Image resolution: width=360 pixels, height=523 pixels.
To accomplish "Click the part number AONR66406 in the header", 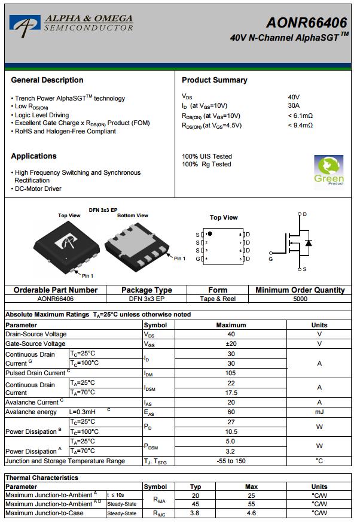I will [x=306, y=23].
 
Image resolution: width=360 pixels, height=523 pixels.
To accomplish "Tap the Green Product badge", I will [x=329, y=171].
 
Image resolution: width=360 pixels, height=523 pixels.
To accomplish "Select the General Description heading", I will [x=47, y=80].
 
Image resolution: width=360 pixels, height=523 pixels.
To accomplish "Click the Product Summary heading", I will [x=214, y=80].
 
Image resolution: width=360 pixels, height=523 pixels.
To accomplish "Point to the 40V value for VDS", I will [x=294, y=96].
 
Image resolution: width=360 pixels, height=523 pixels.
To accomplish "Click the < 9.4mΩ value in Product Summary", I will [x=300, y=125].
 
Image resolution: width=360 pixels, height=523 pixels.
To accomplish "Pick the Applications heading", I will [x=33, y=156].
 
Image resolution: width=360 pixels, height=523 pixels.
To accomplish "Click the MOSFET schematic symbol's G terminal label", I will [x=270, y=259].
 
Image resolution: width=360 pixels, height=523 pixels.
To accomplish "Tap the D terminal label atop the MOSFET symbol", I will [x=304, y=214].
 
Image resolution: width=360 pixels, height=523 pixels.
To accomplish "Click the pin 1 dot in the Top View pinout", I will [x=210, y=233].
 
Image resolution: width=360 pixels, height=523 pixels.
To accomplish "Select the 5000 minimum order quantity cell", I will [x=300, y=299].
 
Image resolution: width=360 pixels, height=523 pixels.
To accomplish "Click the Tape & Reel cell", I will [x=218, y=299].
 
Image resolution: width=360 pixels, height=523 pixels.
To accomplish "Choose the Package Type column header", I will [x=147, y=290].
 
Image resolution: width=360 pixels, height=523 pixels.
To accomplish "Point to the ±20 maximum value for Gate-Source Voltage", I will [x=231, y=343].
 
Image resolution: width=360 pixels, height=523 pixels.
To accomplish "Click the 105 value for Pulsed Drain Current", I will [x=231, y=373].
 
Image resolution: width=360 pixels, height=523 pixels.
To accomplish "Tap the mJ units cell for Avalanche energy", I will [x=319, y=412].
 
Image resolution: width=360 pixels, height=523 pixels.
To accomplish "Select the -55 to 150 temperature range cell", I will [x=231, y=461].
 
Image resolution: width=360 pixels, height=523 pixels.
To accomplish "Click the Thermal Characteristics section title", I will [x=42, y=478].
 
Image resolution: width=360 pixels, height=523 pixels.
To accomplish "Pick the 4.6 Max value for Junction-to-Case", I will [x=251, y=513].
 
